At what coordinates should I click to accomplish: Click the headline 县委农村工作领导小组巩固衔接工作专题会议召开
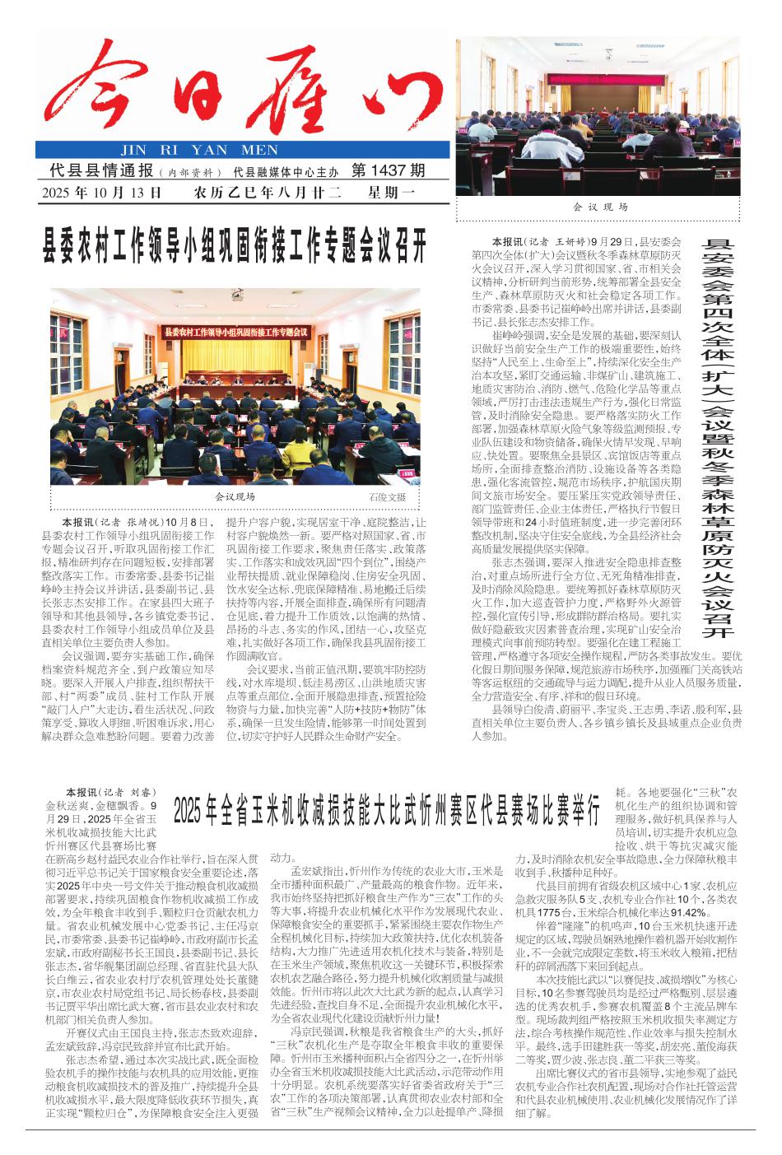coord(236,246)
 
